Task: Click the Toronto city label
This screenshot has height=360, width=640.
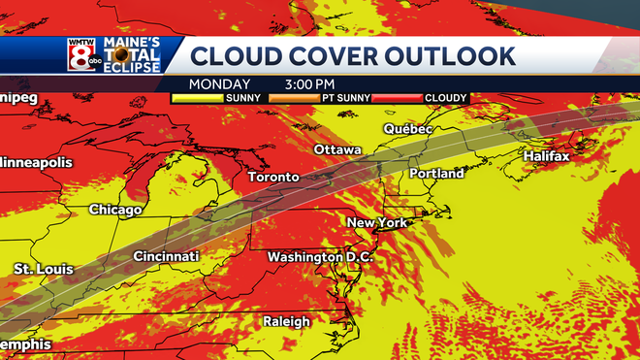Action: [273, 178]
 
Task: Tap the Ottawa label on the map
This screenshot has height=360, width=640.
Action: [337, 150]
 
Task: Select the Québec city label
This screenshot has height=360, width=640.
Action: [407, 129]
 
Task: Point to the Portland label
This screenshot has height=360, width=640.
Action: [436, 174]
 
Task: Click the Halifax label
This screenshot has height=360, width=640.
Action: [546, 156]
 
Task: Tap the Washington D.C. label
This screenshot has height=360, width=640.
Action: [319, 257]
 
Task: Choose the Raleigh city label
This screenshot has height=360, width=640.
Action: [286, 321]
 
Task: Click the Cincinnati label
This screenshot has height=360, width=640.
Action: [166, 256]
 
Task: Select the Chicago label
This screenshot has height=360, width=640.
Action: [115, 210]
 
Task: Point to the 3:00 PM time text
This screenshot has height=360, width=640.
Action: [311, 84]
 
